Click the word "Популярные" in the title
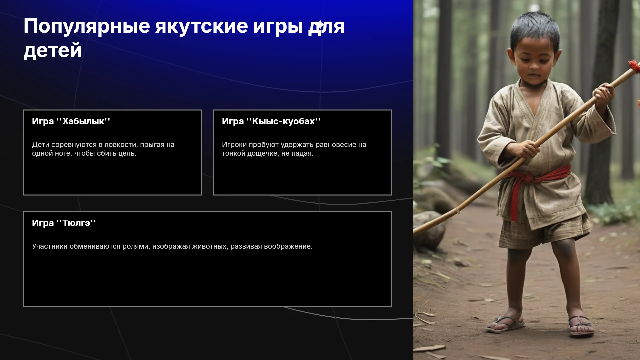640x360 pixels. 87,27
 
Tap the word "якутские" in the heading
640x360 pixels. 202,26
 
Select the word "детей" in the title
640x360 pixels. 53,51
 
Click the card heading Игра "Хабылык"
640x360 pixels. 71,121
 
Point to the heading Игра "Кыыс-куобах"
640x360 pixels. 271,121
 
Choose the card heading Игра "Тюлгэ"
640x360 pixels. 64,223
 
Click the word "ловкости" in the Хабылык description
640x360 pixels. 119,145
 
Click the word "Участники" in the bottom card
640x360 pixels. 50,246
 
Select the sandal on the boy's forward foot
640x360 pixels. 582,325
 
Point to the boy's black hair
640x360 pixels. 535,30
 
